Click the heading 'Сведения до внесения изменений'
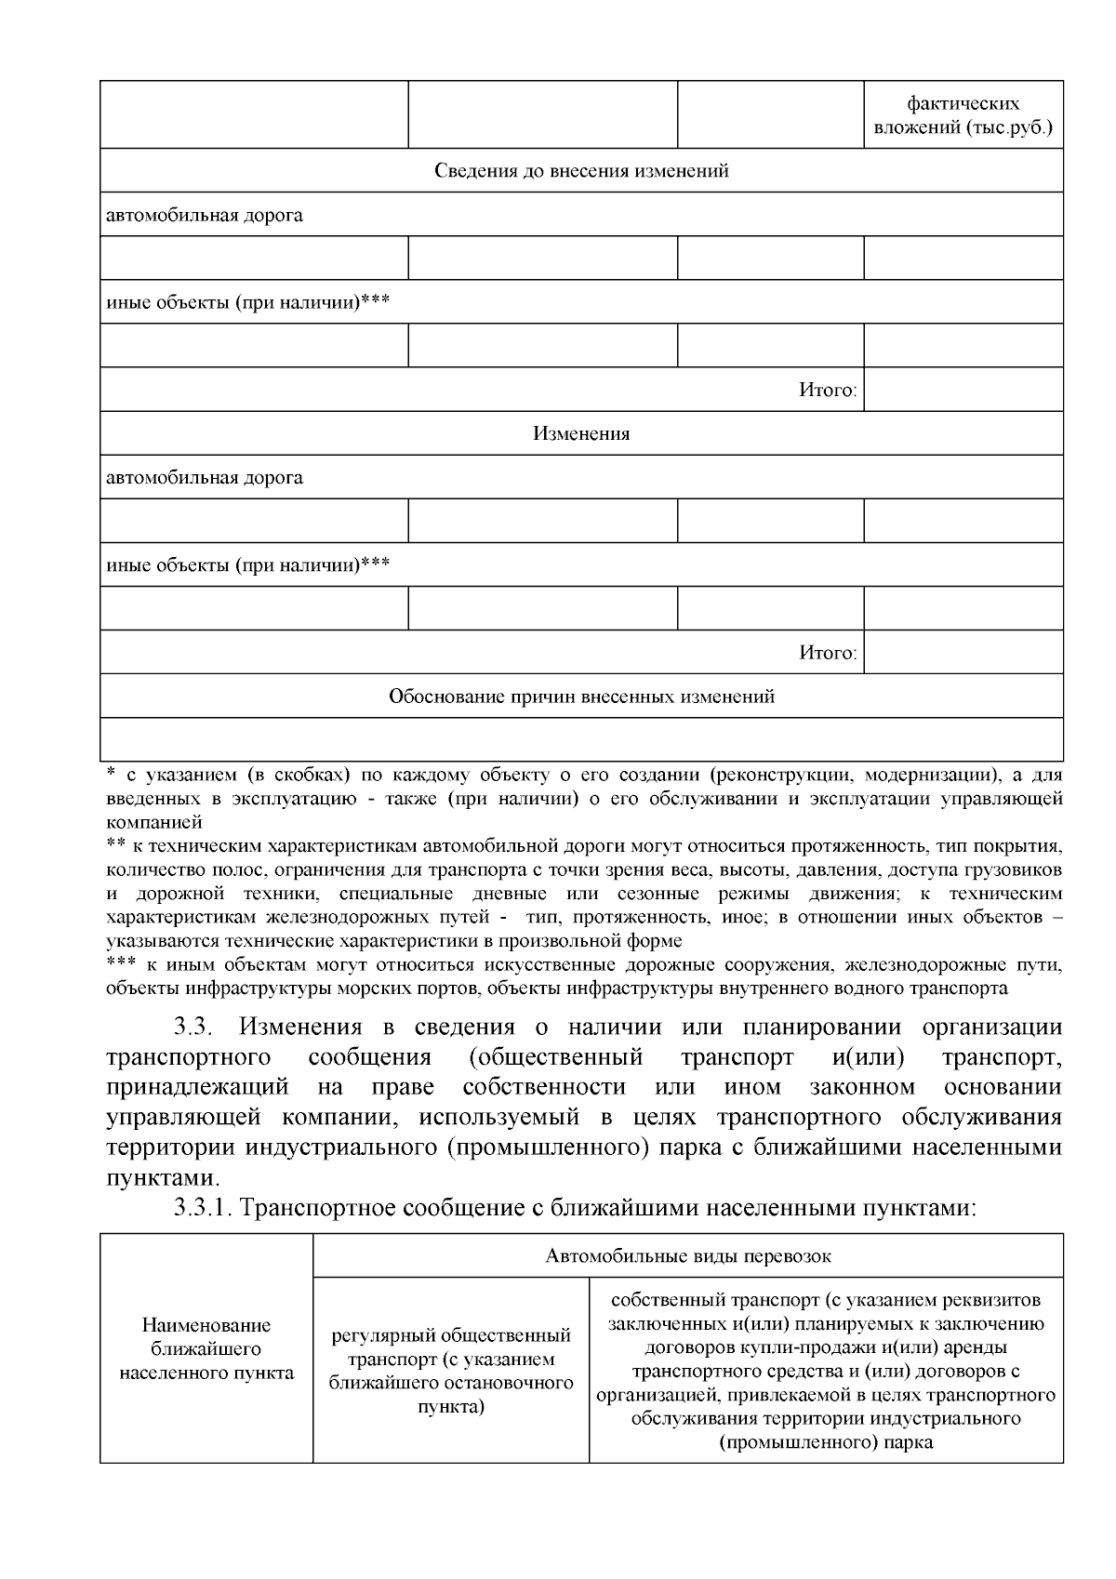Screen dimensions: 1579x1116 click(x=581, y=171)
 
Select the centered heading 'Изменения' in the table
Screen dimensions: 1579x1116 click(x=581, y=434)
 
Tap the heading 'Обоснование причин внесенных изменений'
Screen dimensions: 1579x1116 click(x=581, y=697)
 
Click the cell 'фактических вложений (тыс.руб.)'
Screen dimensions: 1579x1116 click(x=963, y=115)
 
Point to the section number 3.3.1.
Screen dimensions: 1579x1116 click(x=206, y=1208)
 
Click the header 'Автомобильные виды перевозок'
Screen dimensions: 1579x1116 click(x=687, y=1256)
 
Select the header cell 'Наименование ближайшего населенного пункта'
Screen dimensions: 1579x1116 click(x=206, y=1348)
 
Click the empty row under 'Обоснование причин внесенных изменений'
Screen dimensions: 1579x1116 click(x=581, y=739)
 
